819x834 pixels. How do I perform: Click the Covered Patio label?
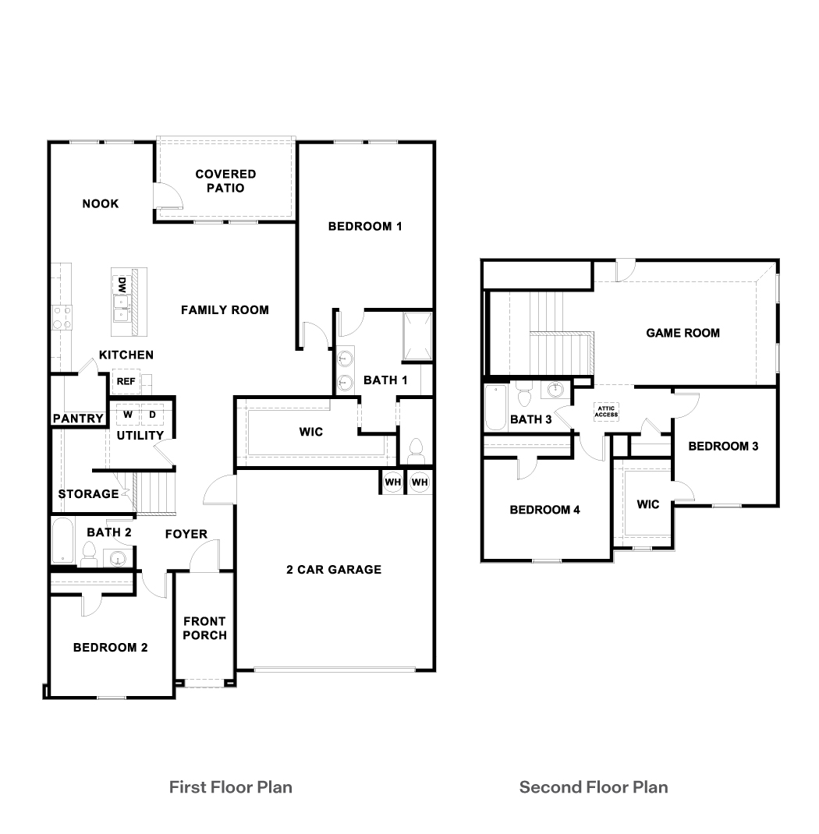click(x=225, y=181)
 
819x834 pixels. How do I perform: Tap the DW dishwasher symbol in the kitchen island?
click(x=122, y=284)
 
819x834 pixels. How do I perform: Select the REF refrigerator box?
click(x=126, y=381)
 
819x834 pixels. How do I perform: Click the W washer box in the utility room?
click(x=128, y=415)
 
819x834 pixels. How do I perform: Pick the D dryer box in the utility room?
click(x=152, y=415)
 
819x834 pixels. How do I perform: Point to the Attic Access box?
click(x=606, y=411)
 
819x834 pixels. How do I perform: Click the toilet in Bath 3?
click(x=525, y=394)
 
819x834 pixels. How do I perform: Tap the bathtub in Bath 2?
click(x=63, y=540)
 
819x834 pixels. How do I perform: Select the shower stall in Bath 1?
click(x=417, y=337)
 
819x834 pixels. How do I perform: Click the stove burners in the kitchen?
click(x=62, y=317)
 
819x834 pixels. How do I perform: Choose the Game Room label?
click(x=682, y=333)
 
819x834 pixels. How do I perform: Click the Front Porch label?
click(x=205, y=628)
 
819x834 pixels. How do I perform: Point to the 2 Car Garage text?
click(x=334, y=570)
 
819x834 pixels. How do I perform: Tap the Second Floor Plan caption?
click(x=594, y=787)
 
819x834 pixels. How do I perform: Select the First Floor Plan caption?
click(x=230, y=787)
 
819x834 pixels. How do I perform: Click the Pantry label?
click(x=78, y=419)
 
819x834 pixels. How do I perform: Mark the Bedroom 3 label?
click(x=723, y=447)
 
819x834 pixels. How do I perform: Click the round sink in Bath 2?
click(x=118, y=559)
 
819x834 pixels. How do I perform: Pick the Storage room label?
click(x=88, y=494)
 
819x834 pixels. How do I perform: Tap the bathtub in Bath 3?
click(x=496, y=408)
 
